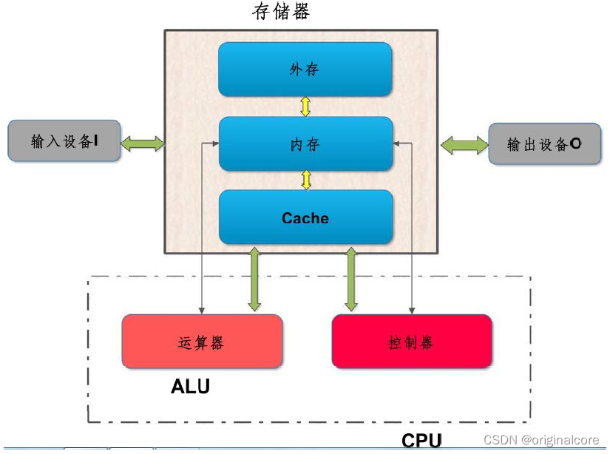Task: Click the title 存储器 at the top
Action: pos(281,12)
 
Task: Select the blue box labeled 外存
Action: pos(305,70)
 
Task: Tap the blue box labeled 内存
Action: pos(305,144)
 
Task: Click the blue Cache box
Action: pos(305,217)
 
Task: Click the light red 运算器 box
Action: pos(201,342)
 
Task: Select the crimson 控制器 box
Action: pos(411,342)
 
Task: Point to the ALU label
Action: pos(190,386)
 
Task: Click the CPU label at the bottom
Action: pos(421,441)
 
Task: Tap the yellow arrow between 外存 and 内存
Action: pos(305,106)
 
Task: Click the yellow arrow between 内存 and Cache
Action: pos(305,180)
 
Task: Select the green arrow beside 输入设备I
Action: pos(142,142)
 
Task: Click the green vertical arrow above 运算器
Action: pos(254,279)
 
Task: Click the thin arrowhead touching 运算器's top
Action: pos(202,311)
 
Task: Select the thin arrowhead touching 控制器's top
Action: pos(412,311)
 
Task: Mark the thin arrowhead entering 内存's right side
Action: pos(396,143)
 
